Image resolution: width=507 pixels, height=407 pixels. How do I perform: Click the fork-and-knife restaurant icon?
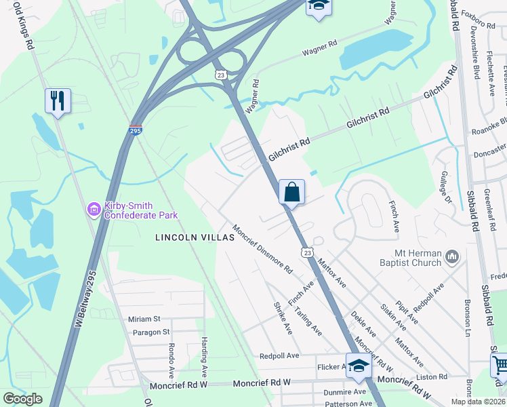point(58,100)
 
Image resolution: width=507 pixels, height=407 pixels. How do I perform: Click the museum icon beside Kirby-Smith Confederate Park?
point(94,210)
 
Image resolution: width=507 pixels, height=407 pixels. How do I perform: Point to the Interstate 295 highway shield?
point(136,129)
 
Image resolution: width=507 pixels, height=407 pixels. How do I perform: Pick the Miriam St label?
point(144,319)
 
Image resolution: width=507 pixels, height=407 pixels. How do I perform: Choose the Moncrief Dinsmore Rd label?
point(262,248)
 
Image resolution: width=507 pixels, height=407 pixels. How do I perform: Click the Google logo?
point(22,400)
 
